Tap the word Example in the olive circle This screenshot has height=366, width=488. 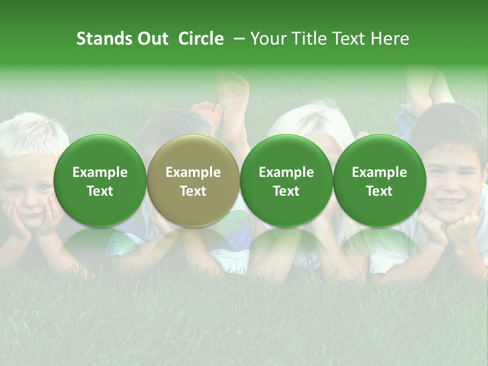[x=193, y=172]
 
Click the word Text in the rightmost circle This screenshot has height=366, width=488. [x=379, y=191]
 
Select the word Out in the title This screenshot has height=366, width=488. [x=152, y=39]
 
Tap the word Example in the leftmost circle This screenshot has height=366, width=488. [x=100, y=172]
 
